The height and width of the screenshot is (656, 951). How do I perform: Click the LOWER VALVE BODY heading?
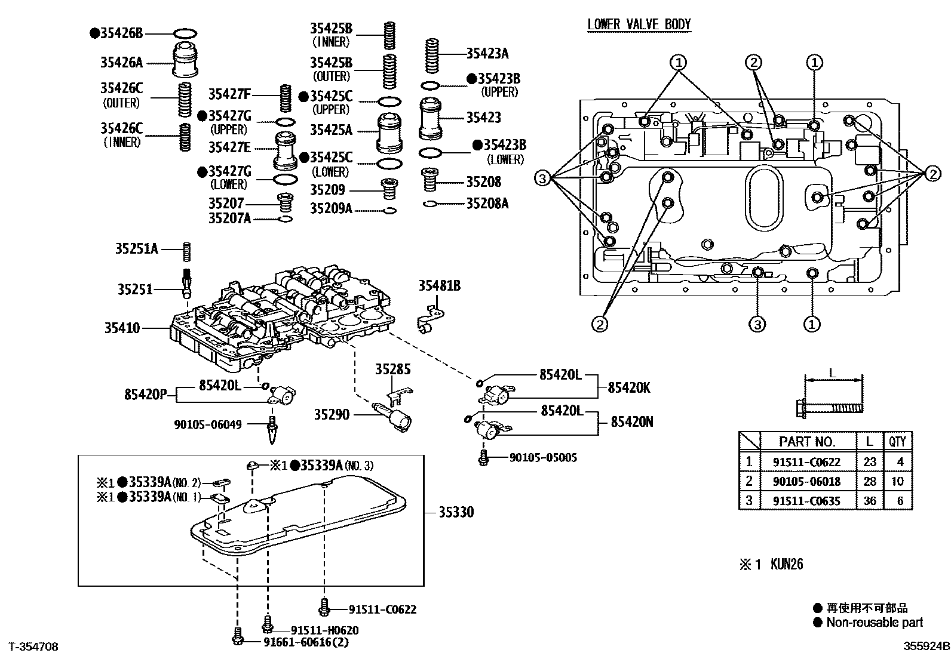(x=639, y=24)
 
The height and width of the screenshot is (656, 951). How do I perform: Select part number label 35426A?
(x=121, y=62)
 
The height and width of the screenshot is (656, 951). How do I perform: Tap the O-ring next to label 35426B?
(x=186, y=33)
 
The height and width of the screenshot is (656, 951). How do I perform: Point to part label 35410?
(x=122, y=328)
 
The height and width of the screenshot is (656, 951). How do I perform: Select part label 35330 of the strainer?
(x=456, y=512)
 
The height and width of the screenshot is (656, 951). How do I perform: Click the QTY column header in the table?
(x=897, y=441)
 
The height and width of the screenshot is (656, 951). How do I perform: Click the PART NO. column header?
(x=806, y=441)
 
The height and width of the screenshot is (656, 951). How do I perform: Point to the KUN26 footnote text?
(x=786, y=564)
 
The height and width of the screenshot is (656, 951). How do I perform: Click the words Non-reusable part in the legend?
(x=874, y=623)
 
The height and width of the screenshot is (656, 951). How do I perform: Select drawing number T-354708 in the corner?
(x=33, y=646)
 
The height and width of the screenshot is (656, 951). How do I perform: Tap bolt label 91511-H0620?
(x=324, y=630)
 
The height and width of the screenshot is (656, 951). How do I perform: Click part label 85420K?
(x=628, y=387)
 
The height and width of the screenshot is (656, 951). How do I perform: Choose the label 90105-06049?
(x=208, y=424)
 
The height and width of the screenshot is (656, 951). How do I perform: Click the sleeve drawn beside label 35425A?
(x=388, y=133)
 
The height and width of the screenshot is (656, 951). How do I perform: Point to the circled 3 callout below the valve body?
(x=757, y=324)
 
